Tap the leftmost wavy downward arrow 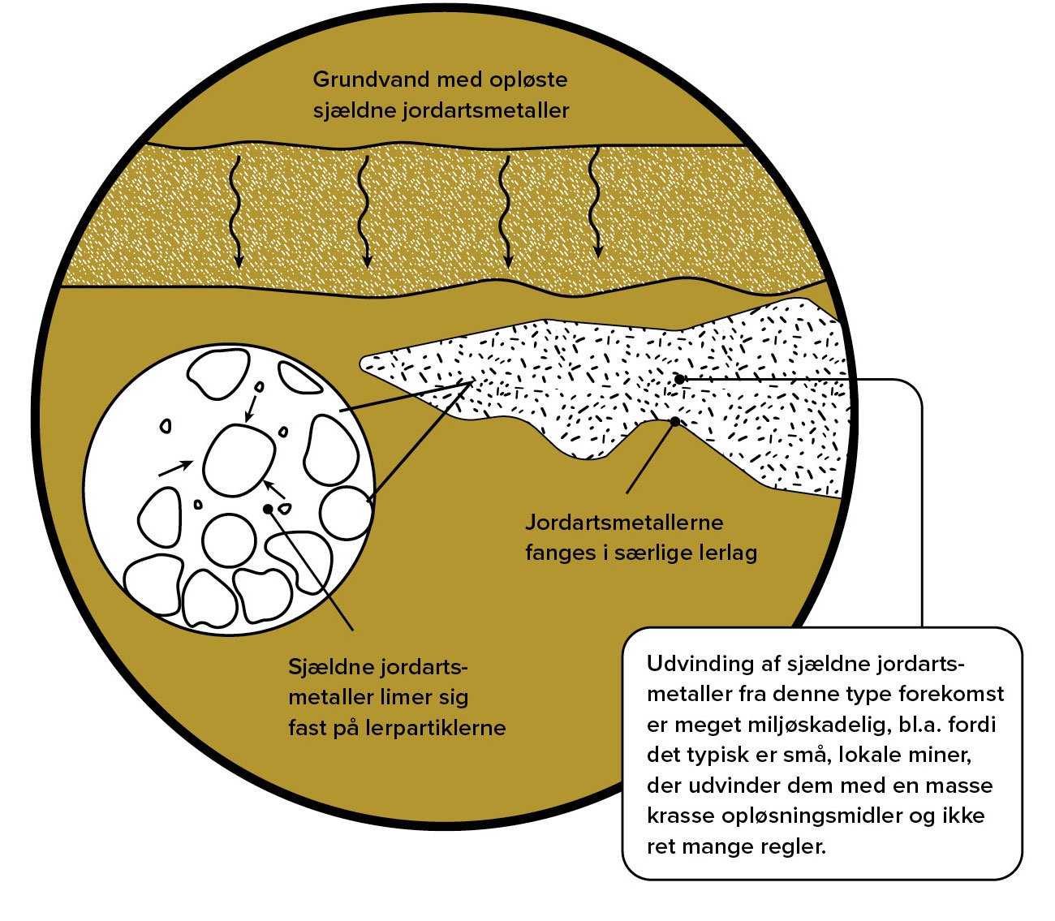coord(236,211)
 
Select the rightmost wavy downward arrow coord(596,203)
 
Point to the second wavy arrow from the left coord(365,211)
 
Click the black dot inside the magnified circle coord(268,509)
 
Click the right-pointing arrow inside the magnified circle coord(175,467)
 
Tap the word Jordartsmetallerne coord(623,522)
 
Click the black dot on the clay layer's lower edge coord(675,420)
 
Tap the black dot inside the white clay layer coord(679,379)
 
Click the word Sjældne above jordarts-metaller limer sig coord(327,667)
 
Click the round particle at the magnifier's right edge coord(346,513)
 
